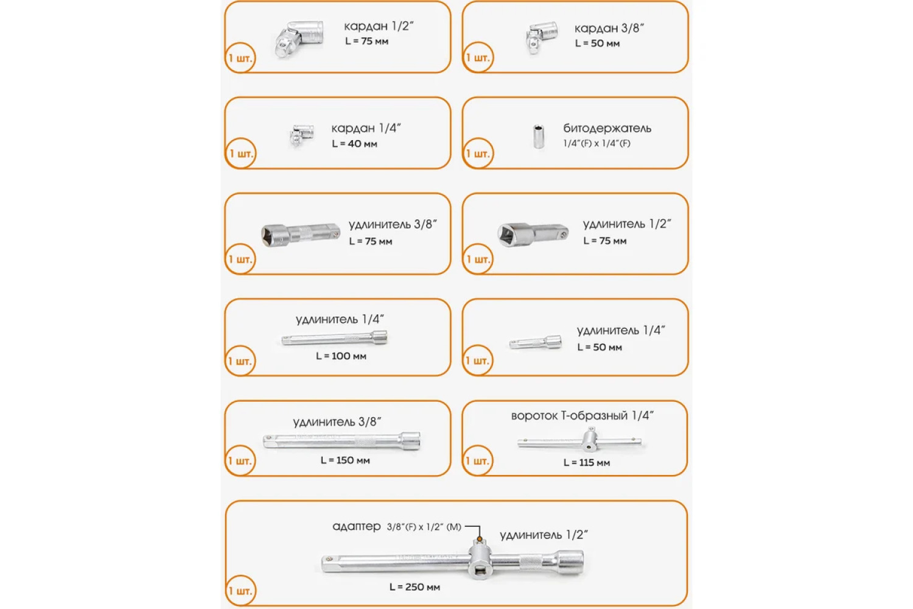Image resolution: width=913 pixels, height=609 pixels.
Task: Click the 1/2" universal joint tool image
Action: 299,39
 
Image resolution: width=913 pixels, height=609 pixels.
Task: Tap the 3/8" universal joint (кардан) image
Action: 541,38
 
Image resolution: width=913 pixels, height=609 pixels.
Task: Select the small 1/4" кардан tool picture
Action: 302,135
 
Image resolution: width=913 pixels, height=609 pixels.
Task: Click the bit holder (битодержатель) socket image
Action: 539,136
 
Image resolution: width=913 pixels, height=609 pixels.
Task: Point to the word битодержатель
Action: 607,128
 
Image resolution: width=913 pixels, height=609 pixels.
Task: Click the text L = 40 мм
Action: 354,144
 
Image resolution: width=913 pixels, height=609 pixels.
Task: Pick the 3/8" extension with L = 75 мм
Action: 301,234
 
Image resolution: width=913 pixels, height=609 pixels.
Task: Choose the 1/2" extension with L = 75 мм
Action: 533,234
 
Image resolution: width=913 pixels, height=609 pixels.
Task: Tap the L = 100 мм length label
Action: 341,356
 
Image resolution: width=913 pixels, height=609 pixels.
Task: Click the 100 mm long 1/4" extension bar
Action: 334,338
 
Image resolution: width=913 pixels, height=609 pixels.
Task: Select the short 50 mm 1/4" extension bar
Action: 535,342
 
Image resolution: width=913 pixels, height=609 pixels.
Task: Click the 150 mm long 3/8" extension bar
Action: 341,441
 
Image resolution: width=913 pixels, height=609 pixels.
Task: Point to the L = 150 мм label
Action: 345,460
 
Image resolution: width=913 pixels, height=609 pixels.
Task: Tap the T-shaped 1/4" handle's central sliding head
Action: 590,440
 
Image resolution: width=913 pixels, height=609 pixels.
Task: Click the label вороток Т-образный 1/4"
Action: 582,416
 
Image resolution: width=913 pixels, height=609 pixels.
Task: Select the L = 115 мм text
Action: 587,463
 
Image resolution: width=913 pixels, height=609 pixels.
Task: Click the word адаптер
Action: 357,527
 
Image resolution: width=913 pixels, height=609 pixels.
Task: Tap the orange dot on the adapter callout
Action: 480,539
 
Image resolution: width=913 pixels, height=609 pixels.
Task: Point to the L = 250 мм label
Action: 415,588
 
